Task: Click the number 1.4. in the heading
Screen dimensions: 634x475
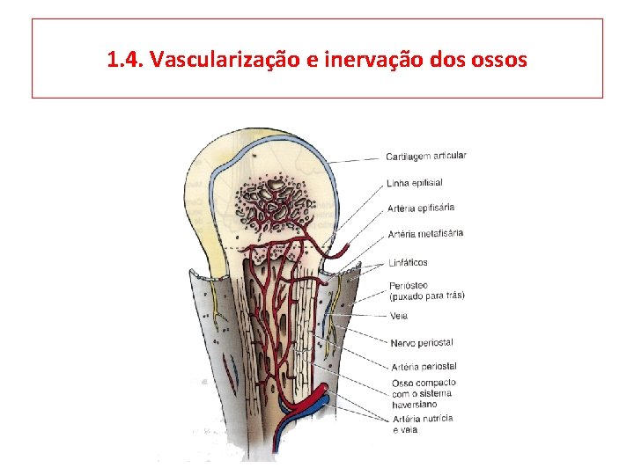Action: point(125,60)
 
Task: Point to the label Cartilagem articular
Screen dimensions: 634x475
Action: point(426,157)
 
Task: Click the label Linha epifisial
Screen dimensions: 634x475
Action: point(415,183)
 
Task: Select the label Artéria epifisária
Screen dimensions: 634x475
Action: point(421,208)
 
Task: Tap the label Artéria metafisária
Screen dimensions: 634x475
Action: point(425,234)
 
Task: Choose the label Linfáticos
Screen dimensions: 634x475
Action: point(408,262)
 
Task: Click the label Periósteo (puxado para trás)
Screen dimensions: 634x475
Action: point(427,290)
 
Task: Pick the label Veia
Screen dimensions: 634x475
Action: point(399,316)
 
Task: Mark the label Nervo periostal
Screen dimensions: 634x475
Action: point(422,342)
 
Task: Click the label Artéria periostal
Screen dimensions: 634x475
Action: point(424,366)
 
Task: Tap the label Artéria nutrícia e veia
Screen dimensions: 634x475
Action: point(424,424)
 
